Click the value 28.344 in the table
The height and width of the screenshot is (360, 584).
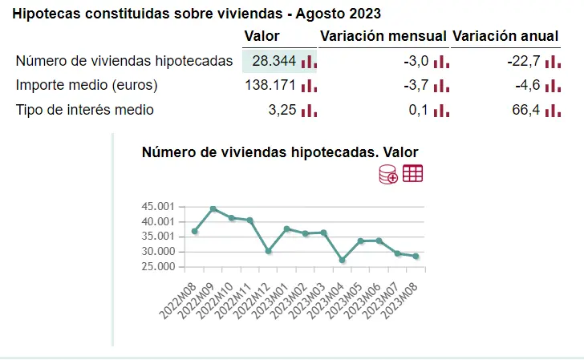pyautogui.click(x=274, y=61)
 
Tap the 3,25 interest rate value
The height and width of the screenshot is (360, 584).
pyautogui.click(x=282, y=110)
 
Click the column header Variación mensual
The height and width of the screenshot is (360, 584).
pyautogui.click(x=383, y=36)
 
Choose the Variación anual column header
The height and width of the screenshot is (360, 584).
pyautogui.click(x=505, y=36)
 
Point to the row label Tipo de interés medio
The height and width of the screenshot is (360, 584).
pyautogui.click(x=84, y=110)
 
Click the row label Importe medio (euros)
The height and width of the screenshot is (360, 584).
pyautogui.click(x=87, y=85)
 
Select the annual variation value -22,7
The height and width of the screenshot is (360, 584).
pyautogui.click(x=522, y=61)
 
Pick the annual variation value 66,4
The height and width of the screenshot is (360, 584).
pyautogui.click(x=525, y=110)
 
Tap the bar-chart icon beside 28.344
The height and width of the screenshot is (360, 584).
pyautogui.click(x=309, y=62)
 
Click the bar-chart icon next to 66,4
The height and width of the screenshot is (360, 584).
pyautogui.click(x=553, y=111)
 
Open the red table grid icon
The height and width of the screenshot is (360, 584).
pyautogui.click(x=413, y=173)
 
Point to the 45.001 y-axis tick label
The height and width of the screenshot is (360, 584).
pyautogui.click(x=157, y=206)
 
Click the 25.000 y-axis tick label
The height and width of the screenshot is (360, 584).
pyautogui.click(x=157, y=266)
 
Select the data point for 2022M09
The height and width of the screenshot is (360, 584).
pyautogui.click(x=213, y=209)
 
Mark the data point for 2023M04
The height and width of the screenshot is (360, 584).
pyautogui.click(x=343, y=260)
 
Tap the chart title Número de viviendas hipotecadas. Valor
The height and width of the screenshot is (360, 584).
pyautogui.click(x=280, y=152)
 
